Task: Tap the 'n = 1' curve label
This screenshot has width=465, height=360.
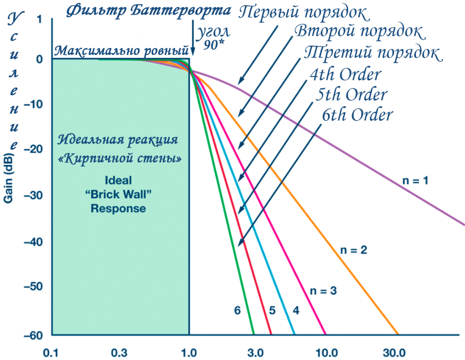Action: click(417, 181)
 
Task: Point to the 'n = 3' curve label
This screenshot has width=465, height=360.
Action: click(323, 291)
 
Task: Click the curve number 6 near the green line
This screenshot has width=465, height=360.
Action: click(237, 311)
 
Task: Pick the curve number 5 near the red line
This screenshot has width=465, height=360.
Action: click(271, 311)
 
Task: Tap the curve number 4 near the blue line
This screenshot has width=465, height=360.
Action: click(296, 311)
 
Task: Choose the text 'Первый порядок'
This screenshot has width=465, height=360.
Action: click(303, 11)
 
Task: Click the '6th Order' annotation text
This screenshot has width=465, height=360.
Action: click(357, 114)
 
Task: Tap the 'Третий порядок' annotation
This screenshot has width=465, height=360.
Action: click(372, 53)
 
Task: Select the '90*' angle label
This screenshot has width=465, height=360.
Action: click(213, 45)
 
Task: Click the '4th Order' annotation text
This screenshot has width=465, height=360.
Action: click(345, 74)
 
